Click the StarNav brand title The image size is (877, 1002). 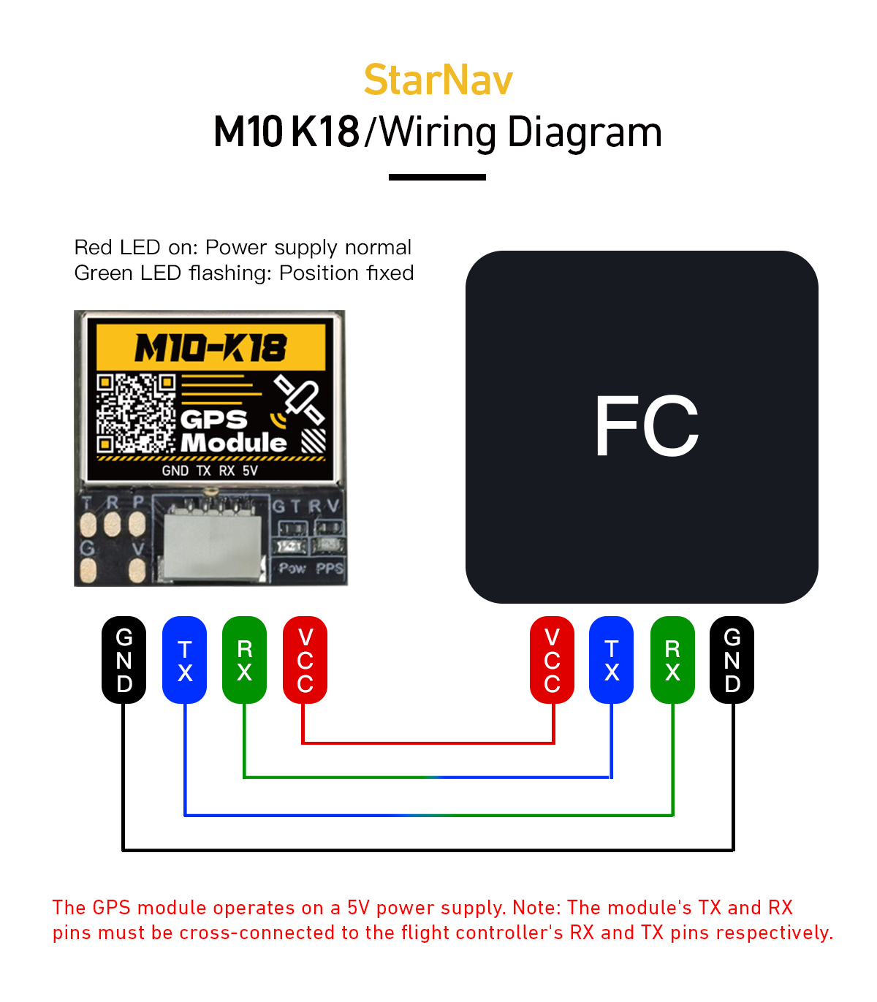tap(438, 80)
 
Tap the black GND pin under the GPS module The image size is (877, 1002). tap(124, 660)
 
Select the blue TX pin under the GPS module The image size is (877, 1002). tap(185, 660)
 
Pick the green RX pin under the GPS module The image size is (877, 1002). tap(245, 660)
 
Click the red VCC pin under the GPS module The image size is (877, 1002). tap(305, 660)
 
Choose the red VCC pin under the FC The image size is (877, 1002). tap(553, 660)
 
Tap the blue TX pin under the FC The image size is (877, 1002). tap(612, 660)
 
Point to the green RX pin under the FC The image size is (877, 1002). tap(672, 660)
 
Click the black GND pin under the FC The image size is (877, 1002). tap(732, 660)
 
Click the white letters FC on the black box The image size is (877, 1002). tap(646, 427)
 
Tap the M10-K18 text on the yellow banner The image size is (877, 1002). tap(210, 348)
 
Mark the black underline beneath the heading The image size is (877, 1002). tap(437, 177)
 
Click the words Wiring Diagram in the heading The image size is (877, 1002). tap(520, 132)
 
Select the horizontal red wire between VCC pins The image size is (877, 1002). tap(428, 743)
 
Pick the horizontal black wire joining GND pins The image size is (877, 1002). tap(428, 850)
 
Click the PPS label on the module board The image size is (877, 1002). tap(330, 569)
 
